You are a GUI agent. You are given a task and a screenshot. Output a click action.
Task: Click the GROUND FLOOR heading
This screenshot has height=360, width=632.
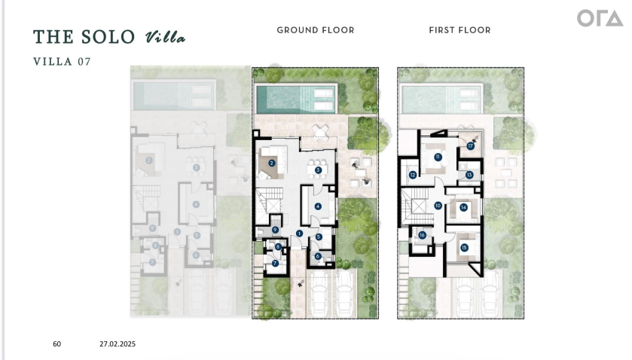click(316, 30)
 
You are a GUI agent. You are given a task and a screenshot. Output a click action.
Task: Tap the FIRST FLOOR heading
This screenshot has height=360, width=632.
click(460, 30)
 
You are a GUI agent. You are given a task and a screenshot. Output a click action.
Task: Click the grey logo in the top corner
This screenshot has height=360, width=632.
click(600, 19)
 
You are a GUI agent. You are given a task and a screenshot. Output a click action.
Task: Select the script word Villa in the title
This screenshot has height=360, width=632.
click(165, 37)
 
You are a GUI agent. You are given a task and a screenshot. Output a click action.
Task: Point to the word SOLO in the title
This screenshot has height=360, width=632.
click(108, 37)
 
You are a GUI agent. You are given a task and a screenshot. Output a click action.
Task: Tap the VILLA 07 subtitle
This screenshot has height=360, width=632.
click(62, 62)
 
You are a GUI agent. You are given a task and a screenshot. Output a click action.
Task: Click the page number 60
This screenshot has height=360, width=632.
click(56, 344)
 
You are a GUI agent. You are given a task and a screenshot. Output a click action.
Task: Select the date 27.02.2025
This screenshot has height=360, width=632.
click(118, 344)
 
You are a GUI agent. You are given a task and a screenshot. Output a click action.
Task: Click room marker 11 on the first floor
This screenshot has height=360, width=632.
click(438, 157)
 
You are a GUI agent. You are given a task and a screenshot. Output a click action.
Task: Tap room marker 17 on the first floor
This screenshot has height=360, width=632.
click(471, 146)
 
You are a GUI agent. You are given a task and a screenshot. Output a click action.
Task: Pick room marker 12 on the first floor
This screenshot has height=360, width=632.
click(413, 175)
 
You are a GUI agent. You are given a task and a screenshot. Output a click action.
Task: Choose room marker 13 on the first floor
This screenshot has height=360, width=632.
click(469, 175)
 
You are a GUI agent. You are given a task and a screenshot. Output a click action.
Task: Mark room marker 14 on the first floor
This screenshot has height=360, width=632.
click(463, 208)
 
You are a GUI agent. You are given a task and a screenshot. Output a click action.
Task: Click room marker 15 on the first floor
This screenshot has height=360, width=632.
click(464, 248)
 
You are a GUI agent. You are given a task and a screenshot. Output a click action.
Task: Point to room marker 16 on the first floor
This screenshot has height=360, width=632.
click(422, 235)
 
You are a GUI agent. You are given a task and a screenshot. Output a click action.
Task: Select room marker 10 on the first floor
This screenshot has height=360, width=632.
click(438, 206)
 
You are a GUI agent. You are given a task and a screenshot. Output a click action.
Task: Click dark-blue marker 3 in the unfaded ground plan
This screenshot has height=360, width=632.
click(318, 170)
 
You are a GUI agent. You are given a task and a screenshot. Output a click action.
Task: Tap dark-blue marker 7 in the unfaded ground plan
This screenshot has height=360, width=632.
click(275, 264)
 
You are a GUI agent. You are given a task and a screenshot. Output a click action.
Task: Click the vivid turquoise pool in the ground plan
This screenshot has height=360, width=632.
click(296, 99)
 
